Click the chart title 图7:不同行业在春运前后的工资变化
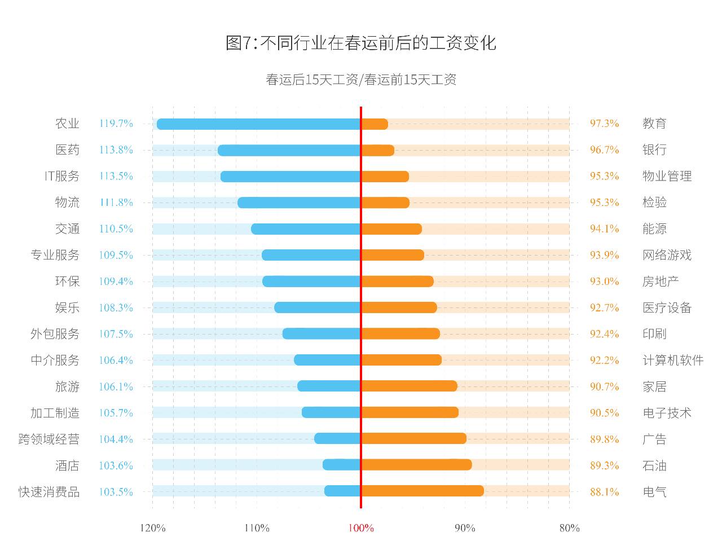(360, 43)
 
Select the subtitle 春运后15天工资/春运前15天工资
(360, 80)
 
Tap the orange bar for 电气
(422, 491)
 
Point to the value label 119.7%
(116, 124)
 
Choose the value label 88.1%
(604, 492)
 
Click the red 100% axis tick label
(360, 528)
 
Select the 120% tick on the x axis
(152, 528)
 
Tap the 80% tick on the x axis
(569, 528)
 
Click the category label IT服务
(62, 176)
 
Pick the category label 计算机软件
(673, 360)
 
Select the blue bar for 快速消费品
(342, 491)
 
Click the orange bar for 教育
(375, 124)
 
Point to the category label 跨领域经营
(49, 439)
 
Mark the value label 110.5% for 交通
(116, 229)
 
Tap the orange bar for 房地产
(397, 282)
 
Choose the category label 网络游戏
(667, 255)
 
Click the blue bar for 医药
(289, 150)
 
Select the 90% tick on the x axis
(465, 528)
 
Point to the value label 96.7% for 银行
(604, 150)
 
